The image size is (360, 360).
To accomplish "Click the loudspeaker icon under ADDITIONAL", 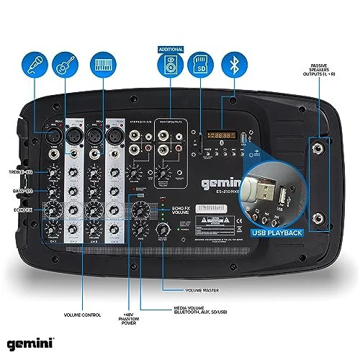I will (x=171, y=68).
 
